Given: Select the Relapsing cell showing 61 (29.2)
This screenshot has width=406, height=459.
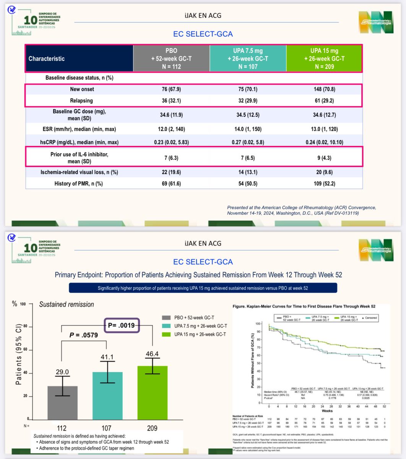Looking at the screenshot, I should [324, 101].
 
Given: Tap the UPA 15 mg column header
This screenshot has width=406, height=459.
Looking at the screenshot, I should [324, 59].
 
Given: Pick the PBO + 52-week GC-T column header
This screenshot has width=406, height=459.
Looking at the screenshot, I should [171, 59].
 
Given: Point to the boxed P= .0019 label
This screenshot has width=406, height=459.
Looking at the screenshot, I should [121, 326].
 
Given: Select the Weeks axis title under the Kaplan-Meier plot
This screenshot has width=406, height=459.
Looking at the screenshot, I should [327, 411].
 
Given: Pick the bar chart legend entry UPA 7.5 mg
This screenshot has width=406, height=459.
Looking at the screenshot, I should [200, 326].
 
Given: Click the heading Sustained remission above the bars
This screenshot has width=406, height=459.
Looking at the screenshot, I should [67, 304].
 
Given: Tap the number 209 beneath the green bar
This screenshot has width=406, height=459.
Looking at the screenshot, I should [152, 428].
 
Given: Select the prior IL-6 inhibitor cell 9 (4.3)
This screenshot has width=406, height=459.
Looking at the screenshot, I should [324, 157].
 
